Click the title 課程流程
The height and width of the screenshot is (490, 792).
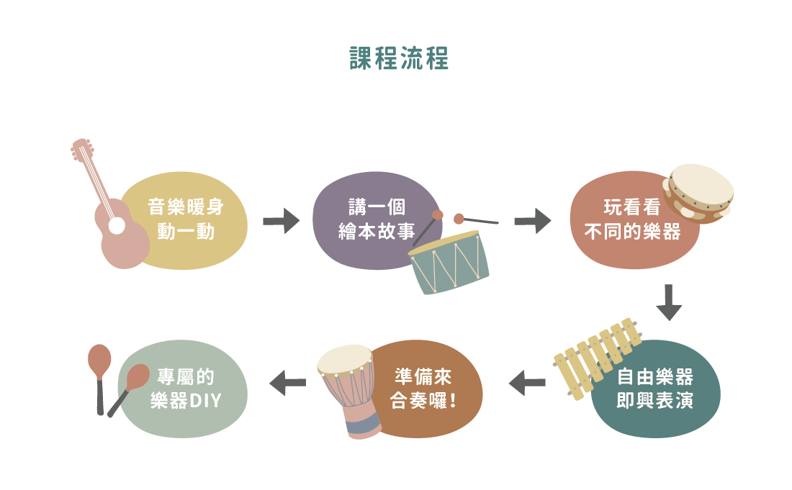[x=399, y=59]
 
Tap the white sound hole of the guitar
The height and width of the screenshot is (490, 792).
[x=116, y=227]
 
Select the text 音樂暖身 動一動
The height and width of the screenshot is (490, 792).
[x=185, y=219]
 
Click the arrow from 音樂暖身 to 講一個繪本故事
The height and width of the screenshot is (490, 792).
[x=281, y=220]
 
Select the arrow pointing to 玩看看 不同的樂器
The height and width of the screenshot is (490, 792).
[x=532, y=220]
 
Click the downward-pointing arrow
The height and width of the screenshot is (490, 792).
[x=669, y=302]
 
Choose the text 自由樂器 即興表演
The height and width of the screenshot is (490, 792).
[x=654, y=389]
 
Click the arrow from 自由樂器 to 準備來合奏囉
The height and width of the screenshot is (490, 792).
[x=527, y=383]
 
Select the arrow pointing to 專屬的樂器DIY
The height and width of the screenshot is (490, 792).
[x=287, y=383]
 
